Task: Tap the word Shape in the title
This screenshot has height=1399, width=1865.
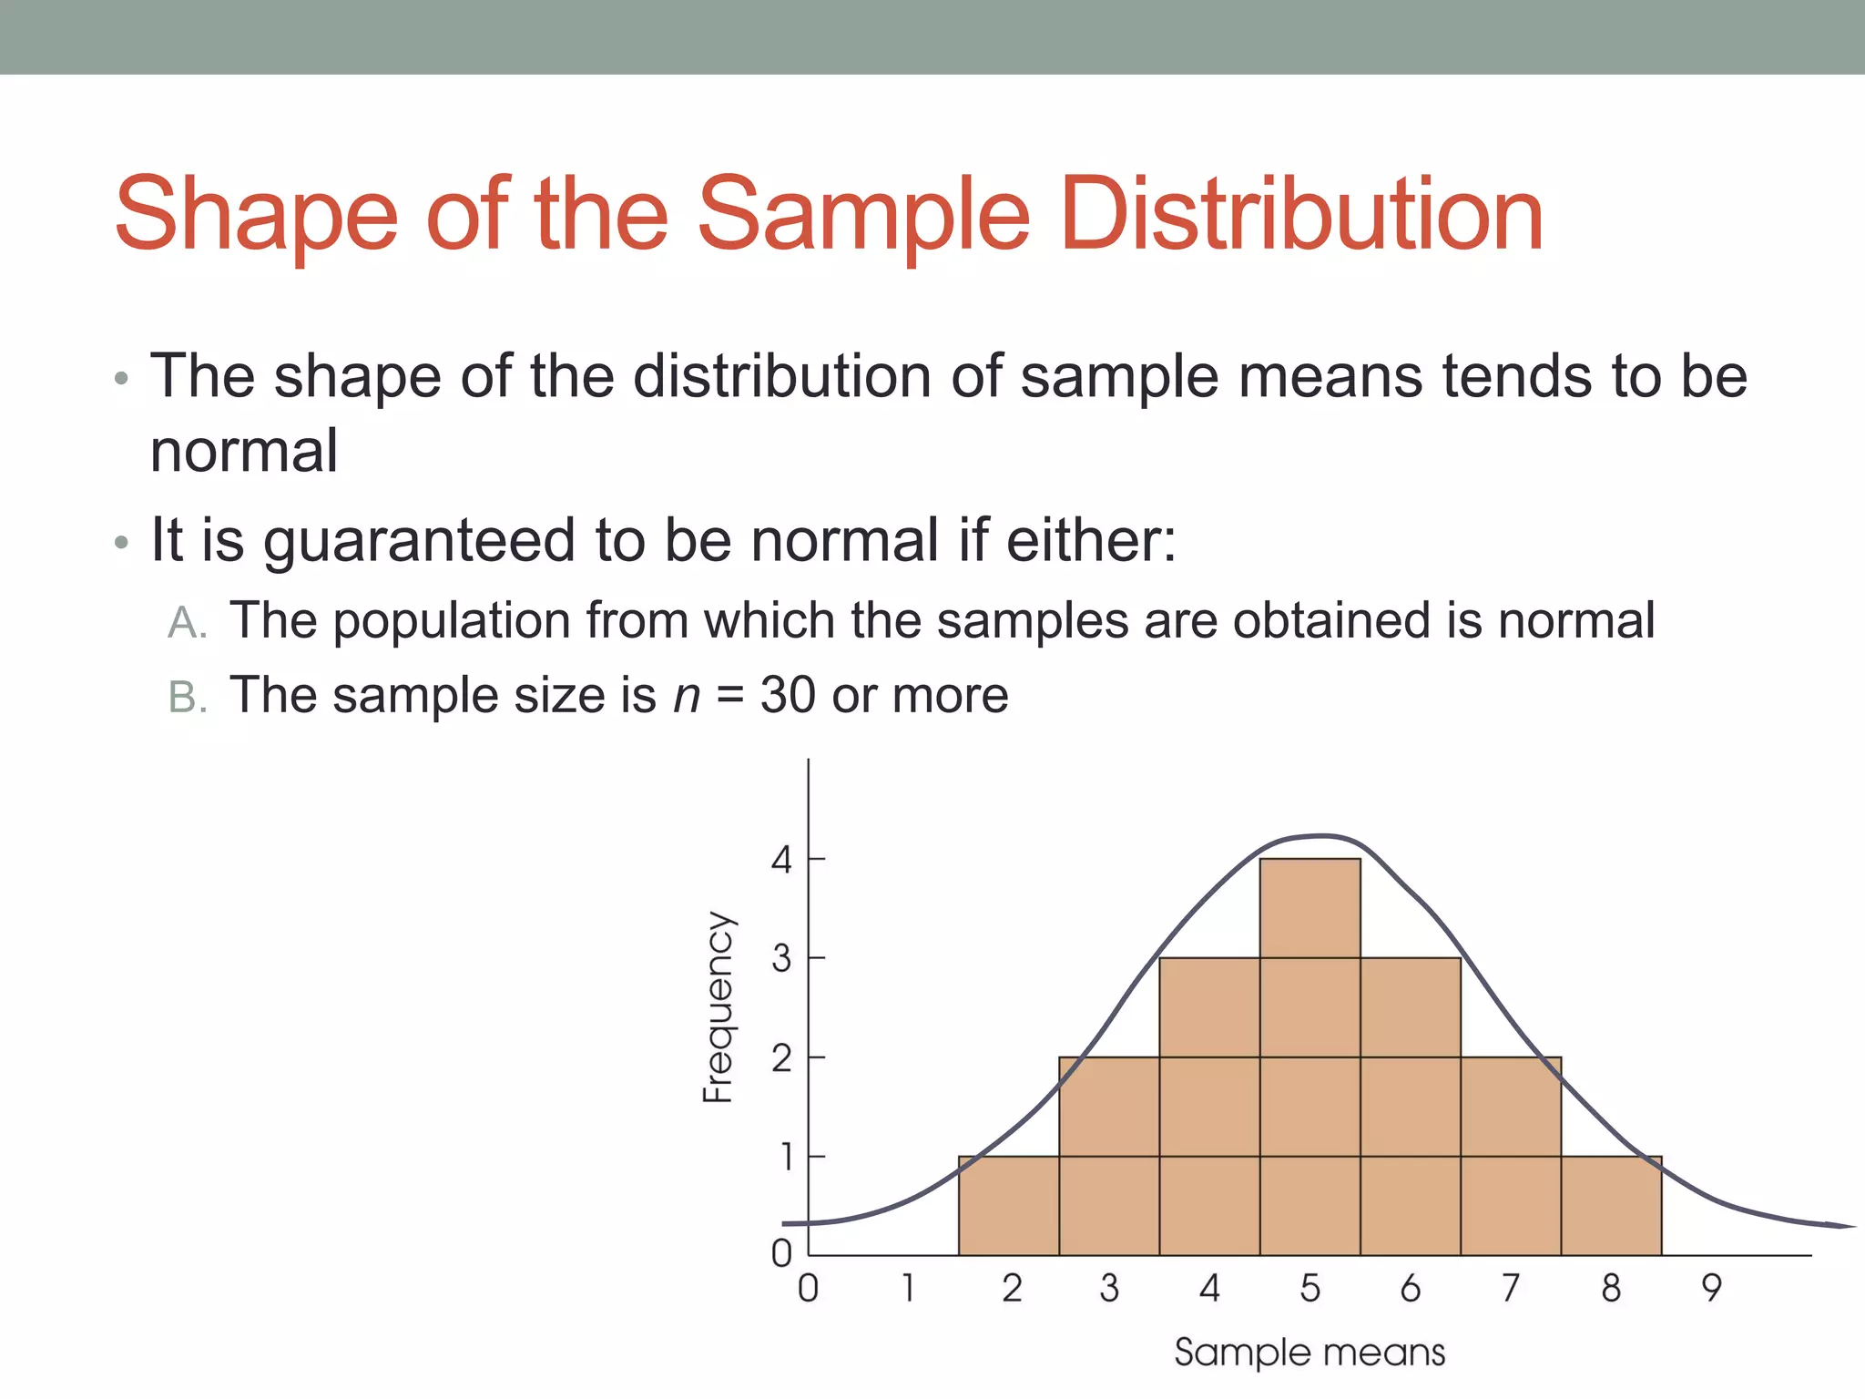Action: coord(256,216)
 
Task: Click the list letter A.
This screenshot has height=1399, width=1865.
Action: coord(188,623)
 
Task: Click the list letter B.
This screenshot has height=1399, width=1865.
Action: coord(188,698)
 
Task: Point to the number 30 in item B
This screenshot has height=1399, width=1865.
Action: coord(788,696)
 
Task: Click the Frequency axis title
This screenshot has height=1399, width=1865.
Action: coord(718,1007)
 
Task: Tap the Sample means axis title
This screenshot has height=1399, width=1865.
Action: coord(1310,1353)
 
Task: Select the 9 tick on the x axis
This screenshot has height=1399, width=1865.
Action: coord(1712,1288)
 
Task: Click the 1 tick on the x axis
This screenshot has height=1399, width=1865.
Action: coord(908,1288)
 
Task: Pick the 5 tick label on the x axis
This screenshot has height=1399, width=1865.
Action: coord(1310,1288)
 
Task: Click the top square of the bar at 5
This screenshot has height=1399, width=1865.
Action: coord(1310,908)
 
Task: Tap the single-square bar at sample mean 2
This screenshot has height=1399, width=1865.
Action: coord(1009,1206)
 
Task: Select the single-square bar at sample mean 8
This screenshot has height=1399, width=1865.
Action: coord(1611,1206)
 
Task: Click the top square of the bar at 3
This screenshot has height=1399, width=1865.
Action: coord(1109,1107)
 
